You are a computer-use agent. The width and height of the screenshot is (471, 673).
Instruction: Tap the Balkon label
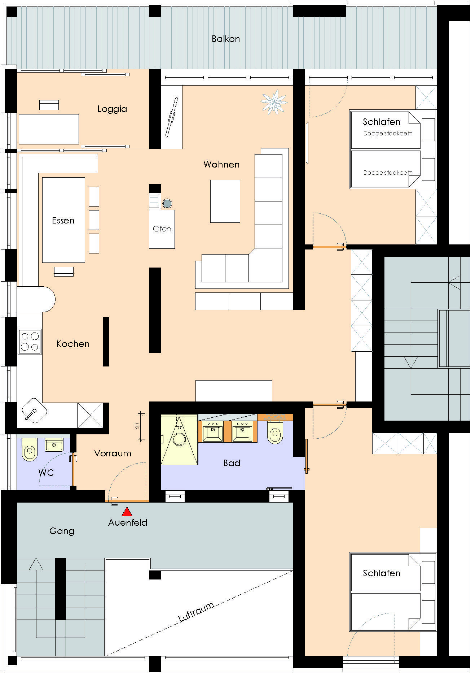226,39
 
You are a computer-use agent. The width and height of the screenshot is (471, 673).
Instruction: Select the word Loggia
112,109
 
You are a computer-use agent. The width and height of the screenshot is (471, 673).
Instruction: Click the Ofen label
162,229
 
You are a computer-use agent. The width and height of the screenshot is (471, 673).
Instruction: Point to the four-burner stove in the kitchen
30,342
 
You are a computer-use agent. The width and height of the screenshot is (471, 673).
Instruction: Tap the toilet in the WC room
30,450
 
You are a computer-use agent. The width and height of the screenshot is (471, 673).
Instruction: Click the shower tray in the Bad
179,439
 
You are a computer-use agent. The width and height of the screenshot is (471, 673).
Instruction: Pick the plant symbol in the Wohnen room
274,103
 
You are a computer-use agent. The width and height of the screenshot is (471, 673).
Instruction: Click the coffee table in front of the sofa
225,201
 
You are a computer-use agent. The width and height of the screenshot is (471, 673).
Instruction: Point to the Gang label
62,531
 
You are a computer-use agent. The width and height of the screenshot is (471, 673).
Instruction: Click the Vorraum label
113,453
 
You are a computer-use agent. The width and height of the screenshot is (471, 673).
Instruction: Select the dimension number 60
137,426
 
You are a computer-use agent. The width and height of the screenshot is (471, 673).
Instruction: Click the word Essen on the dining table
63,220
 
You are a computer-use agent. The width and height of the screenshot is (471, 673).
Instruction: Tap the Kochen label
73,344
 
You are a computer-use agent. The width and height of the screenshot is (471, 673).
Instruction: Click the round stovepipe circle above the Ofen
167,204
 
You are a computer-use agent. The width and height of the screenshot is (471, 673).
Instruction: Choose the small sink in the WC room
54,445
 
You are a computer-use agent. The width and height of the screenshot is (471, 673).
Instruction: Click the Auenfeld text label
128,522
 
